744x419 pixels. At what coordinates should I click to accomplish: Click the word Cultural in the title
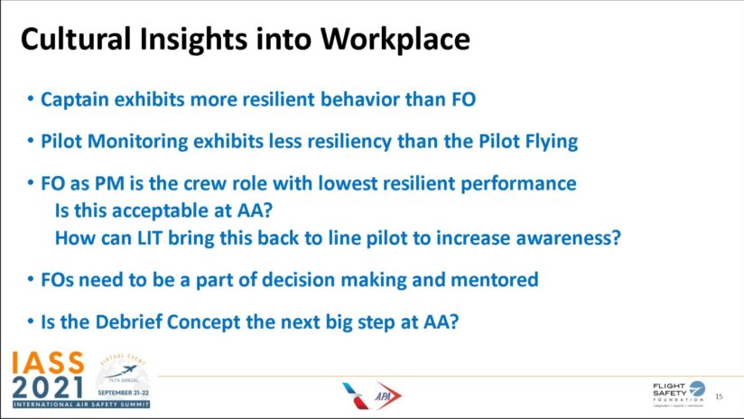(76, 39)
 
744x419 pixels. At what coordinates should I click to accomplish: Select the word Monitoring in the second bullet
(137, 142)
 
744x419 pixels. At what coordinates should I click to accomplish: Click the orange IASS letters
(48, 363)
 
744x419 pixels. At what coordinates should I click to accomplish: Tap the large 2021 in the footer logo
(48, 387)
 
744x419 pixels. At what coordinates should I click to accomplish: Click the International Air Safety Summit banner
(81, 405)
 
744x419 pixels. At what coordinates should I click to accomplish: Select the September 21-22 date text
(124, 393)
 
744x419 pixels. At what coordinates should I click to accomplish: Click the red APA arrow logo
(387, 396)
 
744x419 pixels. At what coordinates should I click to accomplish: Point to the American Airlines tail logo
(355, 396)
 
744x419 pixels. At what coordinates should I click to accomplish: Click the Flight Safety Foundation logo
(678, 394)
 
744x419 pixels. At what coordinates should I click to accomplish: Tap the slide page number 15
(719, 396)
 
